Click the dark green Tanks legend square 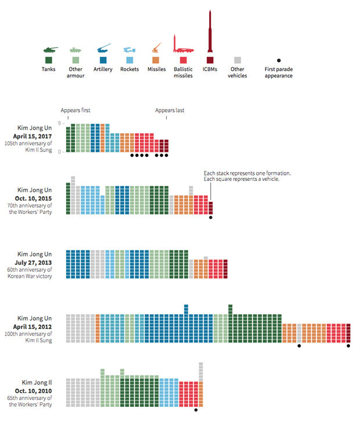[x=48, y=60]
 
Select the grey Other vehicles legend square [x=237, y=60]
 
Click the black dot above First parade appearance [x=279, y=60]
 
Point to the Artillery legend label [x=102, y=70]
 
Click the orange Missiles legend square [x=155, y=60]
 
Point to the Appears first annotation [x=75, y=110]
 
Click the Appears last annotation [x=170, y=110]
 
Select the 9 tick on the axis [x=60, y=124]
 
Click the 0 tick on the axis [x=60, y=152]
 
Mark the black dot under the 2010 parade [x=196, y=410]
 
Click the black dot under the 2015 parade [x=211, y=217]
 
